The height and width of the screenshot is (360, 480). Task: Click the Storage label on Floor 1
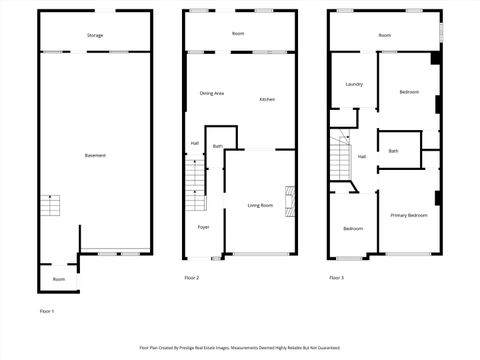coord(95,35)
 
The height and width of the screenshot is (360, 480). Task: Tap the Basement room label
coord(95,155)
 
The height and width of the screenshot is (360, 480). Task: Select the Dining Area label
coord(212,93)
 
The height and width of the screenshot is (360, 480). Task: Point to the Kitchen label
coord(267,99)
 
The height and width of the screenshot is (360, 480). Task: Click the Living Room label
coord(260,205)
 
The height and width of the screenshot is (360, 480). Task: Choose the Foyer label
coord(203,228)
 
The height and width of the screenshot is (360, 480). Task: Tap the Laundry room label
coord(354,84)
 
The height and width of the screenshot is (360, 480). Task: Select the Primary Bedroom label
coord(410,215)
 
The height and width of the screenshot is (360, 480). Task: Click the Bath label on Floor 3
coord(393,151)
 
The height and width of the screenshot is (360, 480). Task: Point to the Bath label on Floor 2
coord(217,146)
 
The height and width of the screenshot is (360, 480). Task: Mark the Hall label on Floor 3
coord(361,156)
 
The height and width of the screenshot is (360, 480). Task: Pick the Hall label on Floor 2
coord(195,143)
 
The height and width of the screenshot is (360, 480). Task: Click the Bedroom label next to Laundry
coord(409,92)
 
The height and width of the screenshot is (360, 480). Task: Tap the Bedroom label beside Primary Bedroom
coord(353,228)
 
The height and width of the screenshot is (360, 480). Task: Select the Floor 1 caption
coord(46,311)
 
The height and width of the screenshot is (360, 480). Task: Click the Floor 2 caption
coord(192,277)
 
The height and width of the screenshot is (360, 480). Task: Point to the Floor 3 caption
coord(336,277)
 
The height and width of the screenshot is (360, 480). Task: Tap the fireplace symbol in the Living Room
coord(289,199)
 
